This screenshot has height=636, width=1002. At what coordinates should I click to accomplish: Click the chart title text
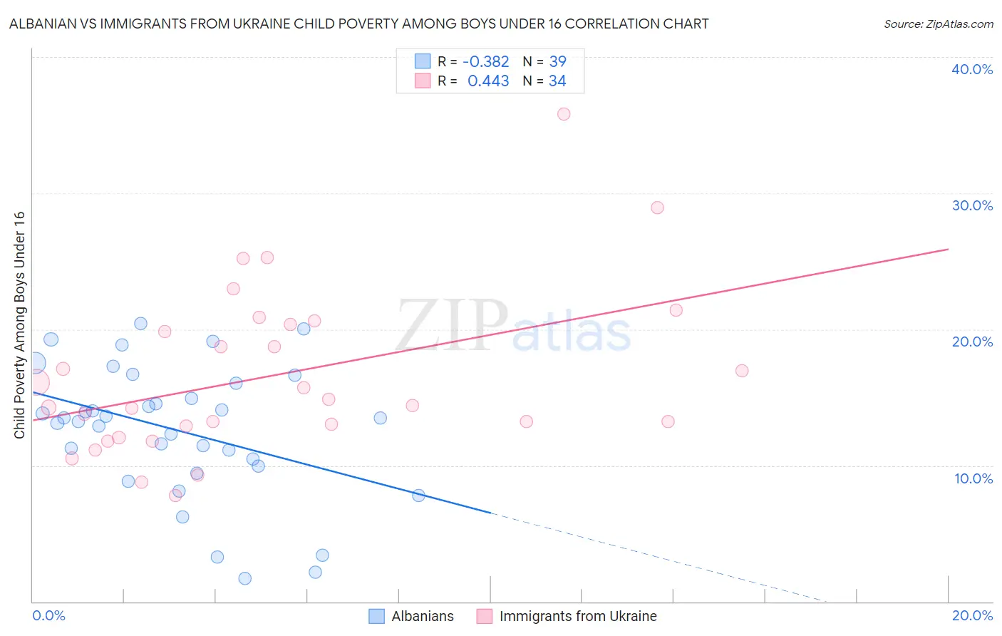358,24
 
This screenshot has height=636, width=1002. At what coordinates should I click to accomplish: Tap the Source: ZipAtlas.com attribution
938,24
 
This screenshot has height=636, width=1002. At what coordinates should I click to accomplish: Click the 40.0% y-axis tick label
971,69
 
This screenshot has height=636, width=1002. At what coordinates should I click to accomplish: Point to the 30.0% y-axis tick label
971,205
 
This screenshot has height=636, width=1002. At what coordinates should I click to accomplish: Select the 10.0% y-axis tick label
973,478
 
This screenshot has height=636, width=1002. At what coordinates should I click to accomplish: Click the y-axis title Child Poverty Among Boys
19,325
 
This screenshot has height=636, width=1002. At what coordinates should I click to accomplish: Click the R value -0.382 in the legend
485,62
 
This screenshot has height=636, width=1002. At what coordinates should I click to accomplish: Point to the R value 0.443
488,81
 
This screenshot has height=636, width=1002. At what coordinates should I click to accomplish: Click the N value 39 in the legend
557,62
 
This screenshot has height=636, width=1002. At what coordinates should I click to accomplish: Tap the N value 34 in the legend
557,81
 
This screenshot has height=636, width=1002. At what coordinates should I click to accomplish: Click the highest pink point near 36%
564,114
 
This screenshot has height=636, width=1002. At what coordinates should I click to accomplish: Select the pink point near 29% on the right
657,207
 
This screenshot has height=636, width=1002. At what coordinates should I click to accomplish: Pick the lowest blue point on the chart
244,578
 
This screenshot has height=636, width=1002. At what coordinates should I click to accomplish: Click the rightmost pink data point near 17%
742,371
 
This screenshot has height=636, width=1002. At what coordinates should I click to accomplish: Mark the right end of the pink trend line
948,249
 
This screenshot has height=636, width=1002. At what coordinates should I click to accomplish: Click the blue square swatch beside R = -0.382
423,61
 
